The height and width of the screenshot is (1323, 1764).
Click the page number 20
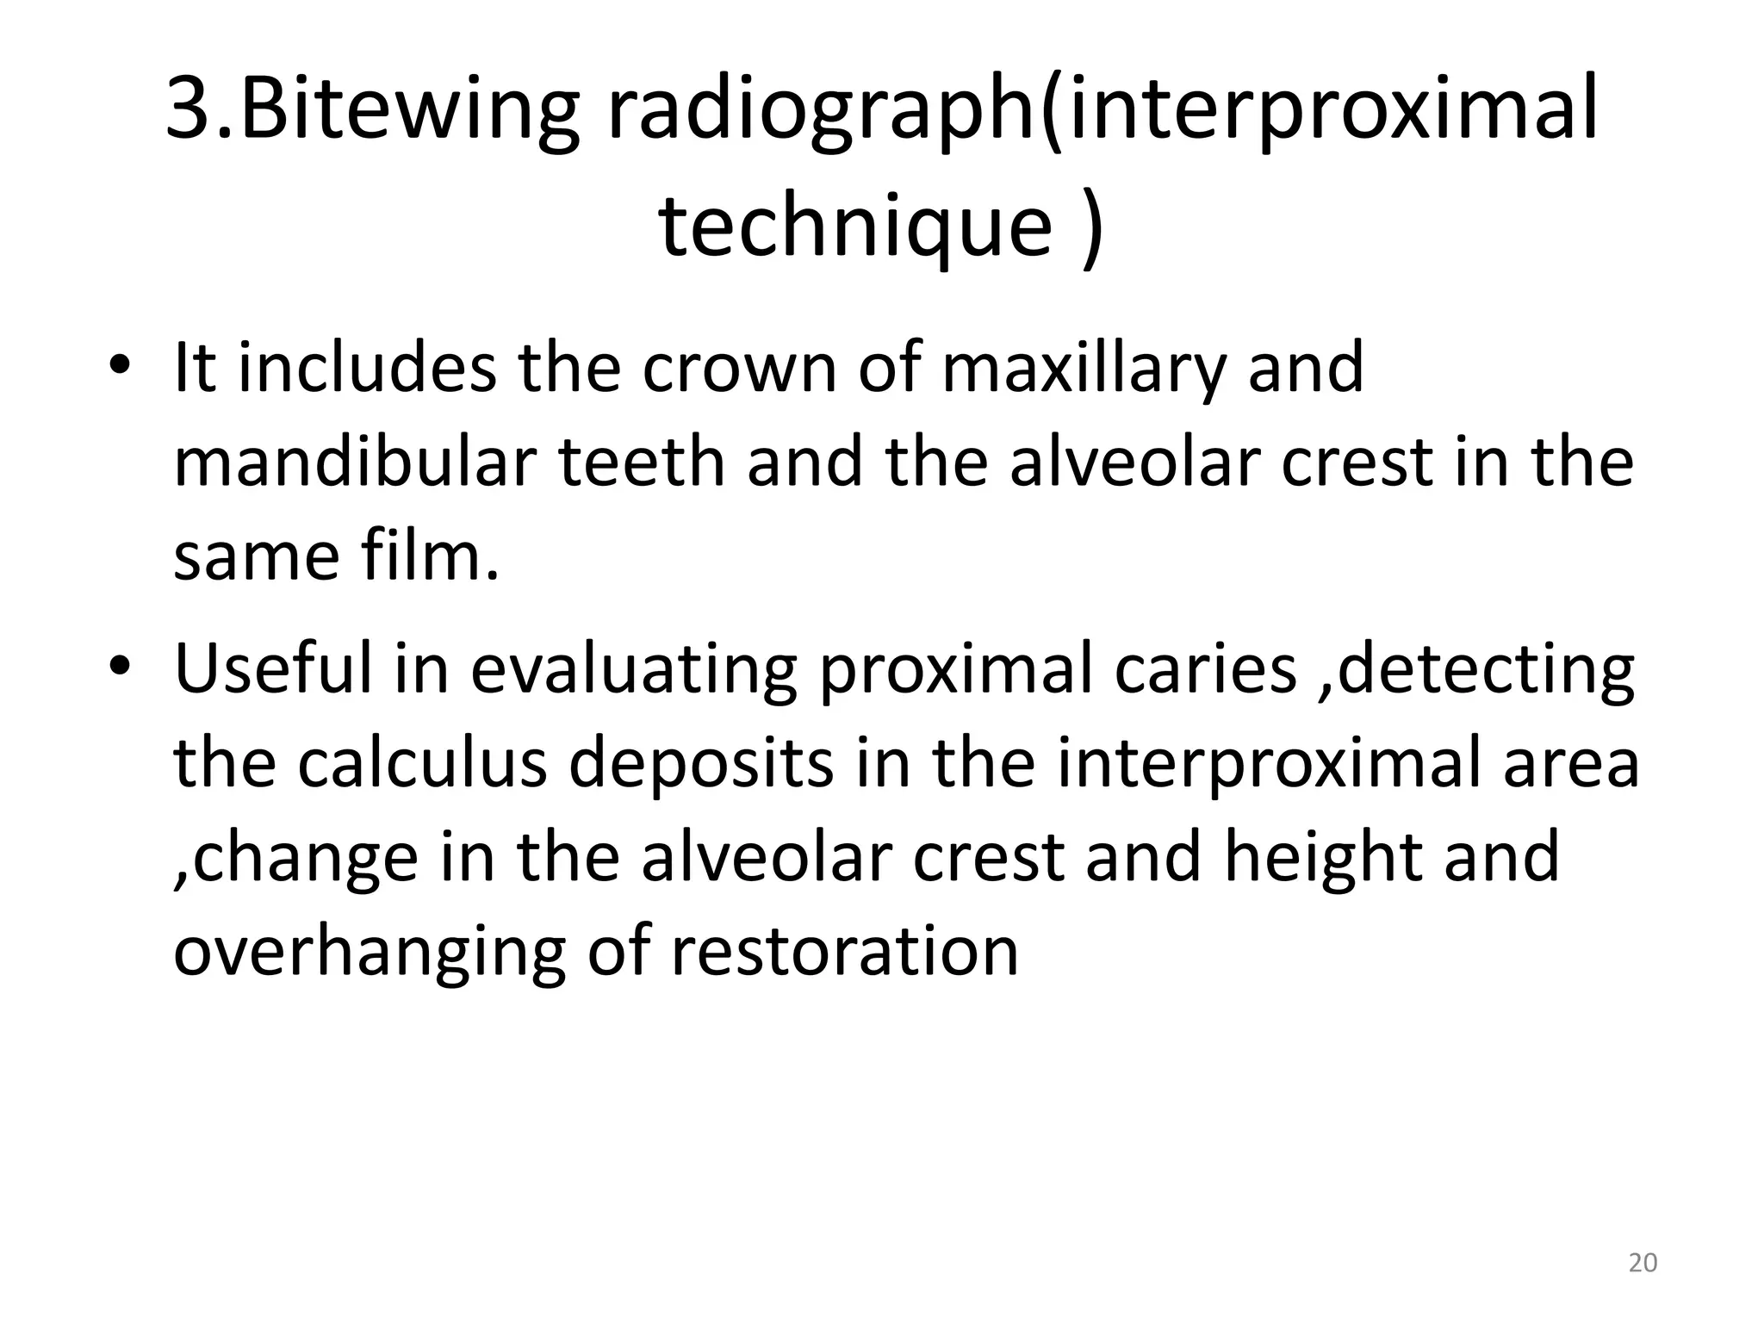tap(1643, 1263)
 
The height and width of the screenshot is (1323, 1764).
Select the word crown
tap(740, 369)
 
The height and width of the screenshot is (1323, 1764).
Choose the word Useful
tap(274, 668)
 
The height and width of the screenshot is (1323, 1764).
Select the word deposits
tap(702, 764)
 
